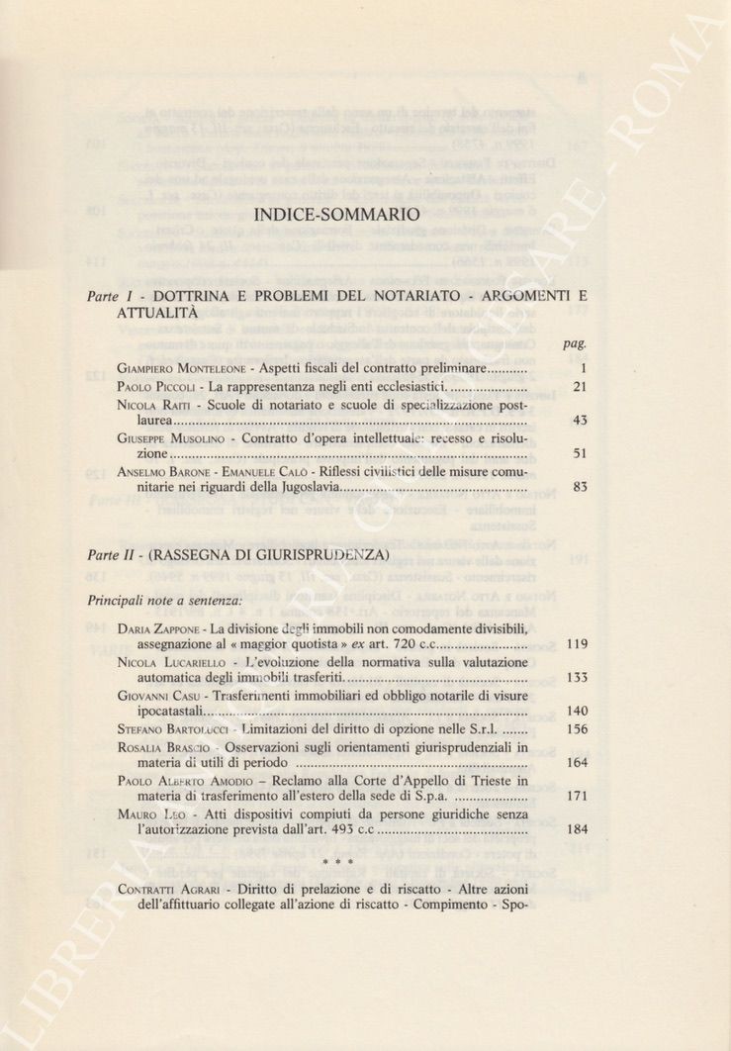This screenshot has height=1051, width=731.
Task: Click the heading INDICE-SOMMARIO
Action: click(x=336, y=213)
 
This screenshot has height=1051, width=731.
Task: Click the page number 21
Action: click(x=580, y=387)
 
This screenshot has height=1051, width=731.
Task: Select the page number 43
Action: click(x=580, y=421)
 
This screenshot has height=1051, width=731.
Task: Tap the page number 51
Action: click(x=580, y=454)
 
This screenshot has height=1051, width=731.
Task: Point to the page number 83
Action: click(x=580, y=488)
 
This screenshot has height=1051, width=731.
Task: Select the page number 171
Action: click(x=578, y=797)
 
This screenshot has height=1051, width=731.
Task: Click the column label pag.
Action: click(x=575, y=343)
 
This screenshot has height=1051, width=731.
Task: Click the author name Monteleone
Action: click(x=209, y=369)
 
